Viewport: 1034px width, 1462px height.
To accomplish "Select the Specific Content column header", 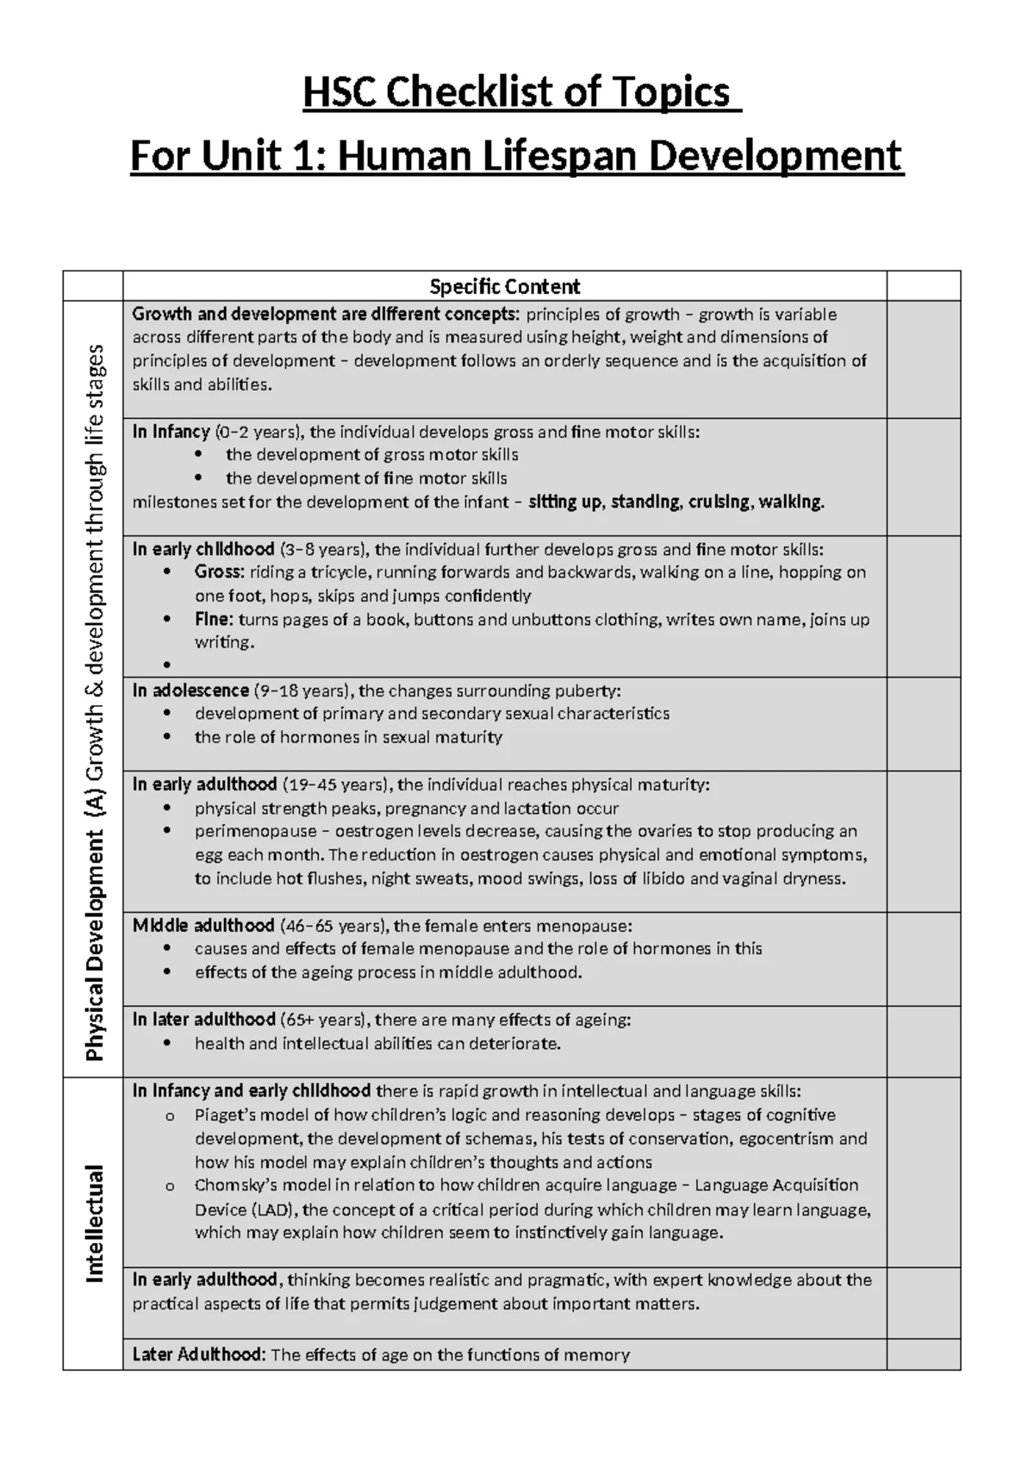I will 504,286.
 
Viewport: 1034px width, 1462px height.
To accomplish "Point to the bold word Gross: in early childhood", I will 219,572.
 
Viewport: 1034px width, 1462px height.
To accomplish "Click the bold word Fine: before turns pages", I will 214,620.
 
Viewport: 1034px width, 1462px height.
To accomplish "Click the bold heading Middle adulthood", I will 203,926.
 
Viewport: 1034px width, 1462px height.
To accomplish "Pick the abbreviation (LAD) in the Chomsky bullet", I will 271,1209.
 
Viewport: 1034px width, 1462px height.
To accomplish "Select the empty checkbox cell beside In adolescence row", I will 923,724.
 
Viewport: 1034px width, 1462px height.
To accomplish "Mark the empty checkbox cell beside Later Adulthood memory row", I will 923,1354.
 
